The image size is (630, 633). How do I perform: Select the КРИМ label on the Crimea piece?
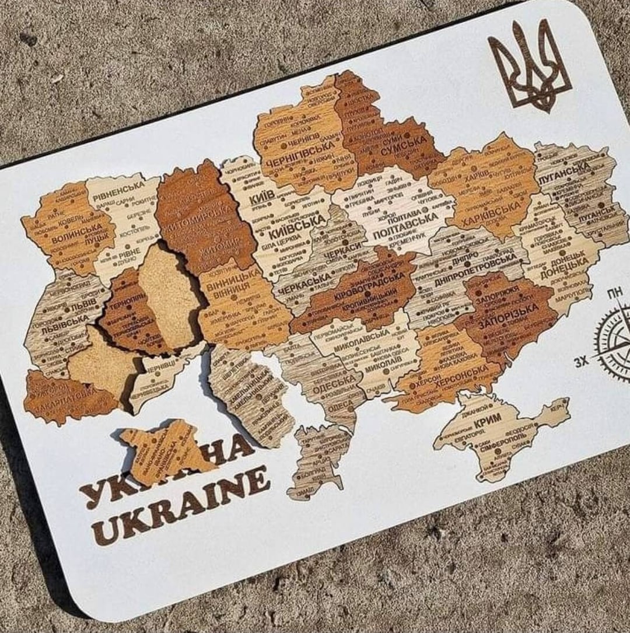pos(488,422)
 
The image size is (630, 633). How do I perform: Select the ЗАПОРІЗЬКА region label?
pos(509,316)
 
